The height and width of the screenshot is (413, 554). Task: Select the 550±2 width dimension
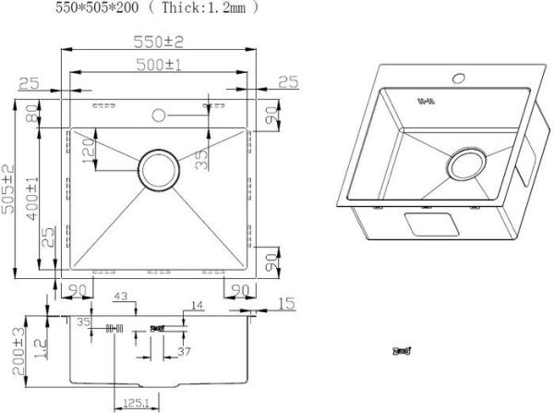pos(156,43)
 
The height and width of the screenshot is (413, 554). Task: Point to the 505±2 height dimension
pos(9,190)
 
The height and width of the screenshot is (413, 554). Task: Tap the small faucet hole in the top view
pos(157,115)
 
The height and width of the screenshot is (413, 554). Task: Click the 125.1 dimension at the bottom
pos(131,403)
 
